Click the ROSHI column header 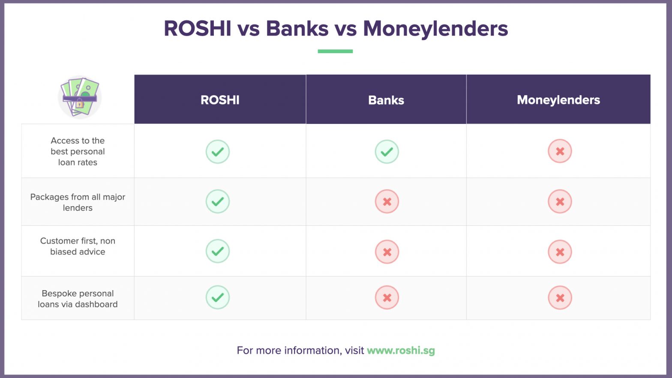[220, 100]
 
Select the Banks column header [386, 100]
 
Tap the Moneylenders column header [558, 100]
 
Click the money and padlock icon [80, 97]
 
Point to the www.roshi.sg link [401, 350]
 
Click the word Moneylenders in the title [435, 29]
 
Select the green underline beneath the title [335, 51]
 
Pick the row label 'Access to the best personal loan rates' [78, 151]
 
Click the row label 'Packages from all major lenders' [78, 202]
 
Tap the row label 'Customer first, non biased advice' [78, 246]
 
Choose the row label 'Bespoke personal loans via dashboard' [78, 299]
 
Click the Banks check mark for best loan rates [387, 152]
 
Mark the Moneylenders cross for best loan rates [560, 151]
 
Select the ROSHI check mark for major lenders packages [218, 201]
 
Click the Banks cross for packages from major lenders [387, 201]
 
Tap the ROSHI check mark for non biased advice [218, 251]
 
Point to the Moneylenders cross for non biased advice [560, 252]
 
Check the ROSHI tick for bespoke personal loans [218, 297]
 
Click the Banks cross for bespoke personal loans [387, 297]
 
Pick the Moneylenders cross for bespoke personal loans [560, 297]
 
